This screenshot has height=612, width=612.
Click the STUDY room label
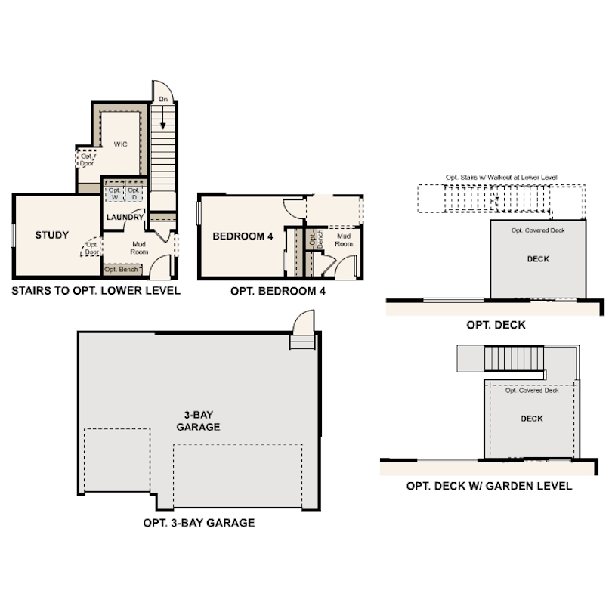(x=52, y=235)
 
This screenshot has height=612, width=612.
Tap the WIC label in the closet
(x=120, y=144)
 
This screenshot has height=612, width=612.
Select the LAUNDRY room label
(x=125, y=217)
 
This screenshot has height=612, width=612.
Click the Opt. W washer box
(x=114, y=194)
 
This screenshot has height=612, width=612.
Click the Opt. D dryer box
(x=134, y=194)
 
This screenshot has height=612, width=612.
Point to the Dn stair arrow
(x=162, y=117)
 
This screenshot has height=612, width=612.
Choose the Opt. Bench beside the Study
(x=122, y=270)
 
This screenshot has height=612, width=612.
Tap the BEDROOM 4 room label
(x=243, y=236)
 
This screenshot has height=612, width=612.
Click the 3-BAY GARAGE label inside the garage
(x=198, y=421)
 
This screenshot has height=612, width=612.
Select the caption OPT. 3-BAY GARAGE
(x=199, y=523)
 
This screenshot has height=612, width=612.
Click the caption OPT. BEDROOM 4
(x=278, y=291)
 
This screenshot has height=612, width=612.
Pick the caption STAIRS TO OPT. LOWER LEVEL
(x=96, y=291)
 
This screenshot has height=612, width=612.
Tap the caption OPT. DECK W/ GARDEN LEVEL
(x=489, y=486)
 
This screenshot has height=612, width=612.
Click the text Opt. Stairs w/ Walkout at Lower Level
(x=502, y=178)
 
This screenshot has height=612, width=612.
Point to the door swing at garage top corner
(x=304, y=322)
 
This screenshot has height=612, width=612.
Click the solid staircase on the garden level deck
(x=514, y=358)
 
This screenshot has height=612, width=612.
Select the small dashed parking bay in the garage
(x=117, y=460)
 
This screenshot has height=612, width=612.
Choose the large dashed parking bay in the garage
(x=238, y=475)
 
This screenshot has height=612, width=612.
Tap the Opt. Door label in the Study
(x=92, y=249)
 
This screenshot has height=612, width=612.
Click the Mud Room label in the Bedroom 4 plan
(x=344, y=240)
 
